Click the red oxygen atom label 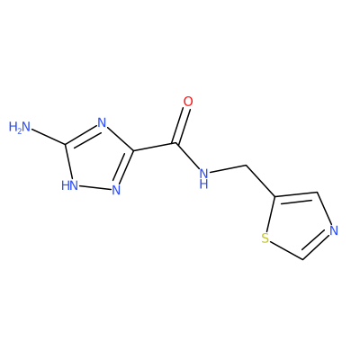pyautogui.click(x=188, y=102)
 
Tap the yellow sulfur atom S pyautogui.click(x=265, y=238)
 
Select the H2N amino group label pyautogui.click(x=20, y=127)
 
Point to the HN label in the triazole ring pyautogui.click(x=69, y=185)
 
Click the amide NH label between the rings pyautogui.click(x=204, y=177)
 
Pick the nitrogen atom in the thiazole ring pyautogui.click(x=334, y=230)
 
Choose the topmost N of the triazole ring pyautogui.click(x=102, y=122)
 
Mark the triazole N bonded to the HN pyautogui.click(x=116, y=190)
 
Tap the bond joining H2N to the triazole pyautogui.click(x=49, y=138)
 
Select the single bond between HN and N pyautogui.click(x=94, y=187)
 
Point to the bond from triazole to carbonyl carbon pyautogui.click(x=155, y=147)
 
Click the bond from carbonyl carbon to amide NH pyautogui.click(x=187, y=156)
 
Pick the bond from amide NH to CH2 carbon pyautogui.click(x=228, y=169)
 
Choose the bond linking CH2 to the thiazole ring pyautogui.click(x=260, y=181)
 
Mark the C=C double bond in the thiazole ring pyautogui.click(x=296, y=196)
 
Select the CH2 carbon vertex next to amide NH pyautogui.click(x=246, y=165)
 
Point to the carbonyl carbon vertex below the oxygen pyautogui.click(x=176, y=143)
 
